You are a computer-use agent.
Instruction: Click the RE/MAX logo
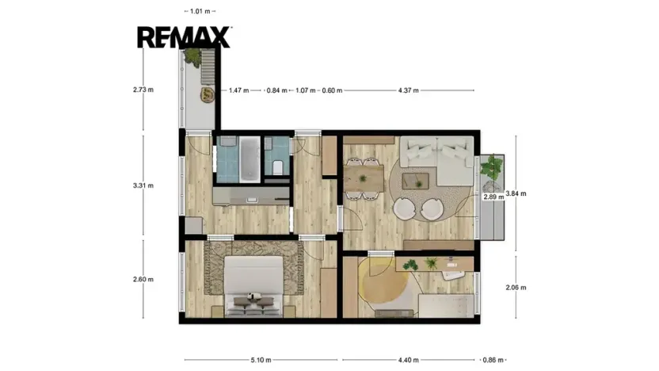click(x=184, y=37)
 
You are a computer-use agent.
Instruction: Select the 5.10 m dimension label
click(x=261, y=360)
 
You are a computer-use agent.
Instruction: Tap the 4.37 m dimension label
click(x=409, y=90)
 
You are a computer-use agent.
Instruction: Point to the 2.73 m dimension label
click(x=143, y=90)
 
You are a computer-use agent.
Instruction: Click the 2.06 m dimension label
click(x=516, y=288)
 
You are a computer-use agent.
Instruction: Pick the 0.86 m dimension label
click(x=493, y=360)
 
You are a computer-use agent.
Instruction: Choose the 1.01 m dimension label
click(x=200, y=11)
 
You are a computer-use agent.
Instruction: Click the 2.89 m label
click(x=493, y=197)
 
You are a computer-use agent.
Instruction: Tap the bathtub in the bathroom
click(x=250, y=159)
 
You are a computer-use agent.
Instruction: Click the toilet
click(x=277, y=167)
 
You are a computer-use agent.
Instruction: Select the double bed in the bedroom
click(x=253, y=286)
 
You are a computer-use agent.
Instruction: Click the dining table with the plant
click(x=364, y=178)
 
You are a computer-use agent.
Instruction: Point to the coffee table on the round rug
click(x=416, y=181)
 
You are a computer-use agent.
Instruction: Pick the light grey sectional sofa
click(x=437, y=161)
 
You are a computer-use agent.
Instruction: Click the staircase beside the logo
click(x=208, y=67)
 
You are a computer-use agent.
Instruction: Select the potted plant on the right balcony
click(x=492, y=166)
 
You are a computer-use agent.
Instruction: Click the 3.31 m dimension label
click(x=143, y=185)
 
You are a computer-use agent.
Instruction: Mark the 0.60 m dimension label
click(x=332, y=90)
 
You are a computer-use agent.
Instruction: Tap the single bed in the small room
click(x=446, y=306)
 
